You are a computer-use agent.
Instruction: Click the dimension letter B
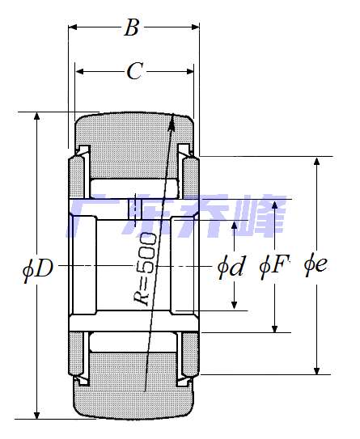coord(131,27)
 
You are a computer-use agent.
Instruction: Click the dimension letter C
coord(135,70)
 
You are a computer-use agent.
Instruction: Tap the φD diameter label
coord(38,268)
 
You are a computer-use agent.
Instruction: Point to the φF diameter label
coord(273,266)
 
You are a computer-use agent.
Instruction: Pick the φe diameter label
coord(316,265)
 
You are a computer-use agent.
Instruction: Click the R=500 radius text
coord(145,268)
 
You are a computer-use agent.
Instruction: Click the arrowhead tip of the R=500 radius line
coord(173,113)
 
